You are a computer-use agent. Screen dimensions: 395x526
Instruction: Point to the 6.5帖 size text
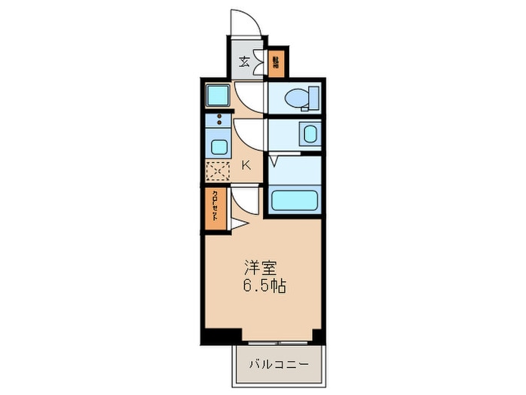(x=262, y=287)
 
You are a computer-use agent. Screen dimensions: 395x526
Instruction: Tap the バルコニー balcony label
(x=279, y=364)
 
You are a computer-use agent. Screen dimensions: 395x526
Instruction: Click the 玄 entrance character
(x=244, y=62)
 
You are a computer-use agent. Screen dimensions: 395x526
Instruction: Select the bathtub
(x=294, y=200)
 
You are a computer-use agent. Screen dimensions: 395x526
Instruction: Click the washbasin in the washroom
(x=310, y=135)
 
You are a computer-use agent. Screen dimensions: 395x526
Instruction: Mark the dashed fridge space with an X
(x=218, y=170)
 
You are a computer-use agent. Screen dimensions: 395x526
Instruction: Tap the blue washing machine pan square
(x=219, y=96)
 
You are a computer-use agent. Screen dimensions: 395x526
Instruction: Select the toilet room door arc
(x=249, y=98)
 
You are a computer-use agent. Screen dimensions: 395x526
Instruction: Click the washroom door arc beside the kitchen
(x=249, y=135)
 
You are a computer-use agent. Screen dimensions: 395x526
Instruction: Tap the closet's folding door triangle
(x=237, y=223)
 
